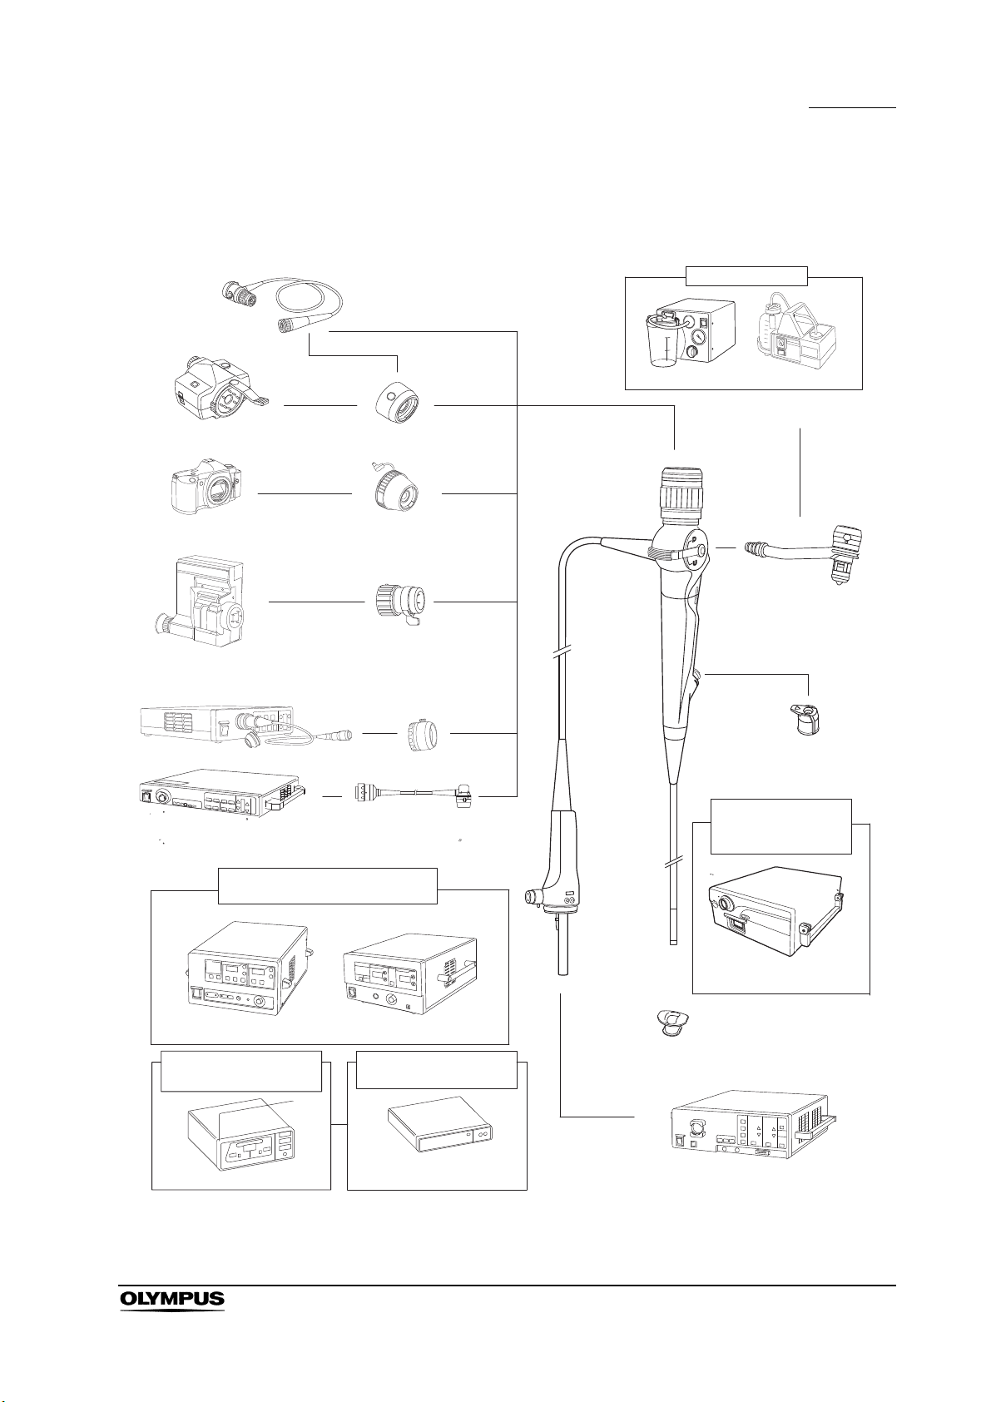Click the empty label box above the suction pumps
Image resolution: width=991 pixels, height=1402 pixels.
746,276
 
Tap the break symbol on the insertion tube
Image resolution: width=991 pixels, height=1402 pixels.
671,864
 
